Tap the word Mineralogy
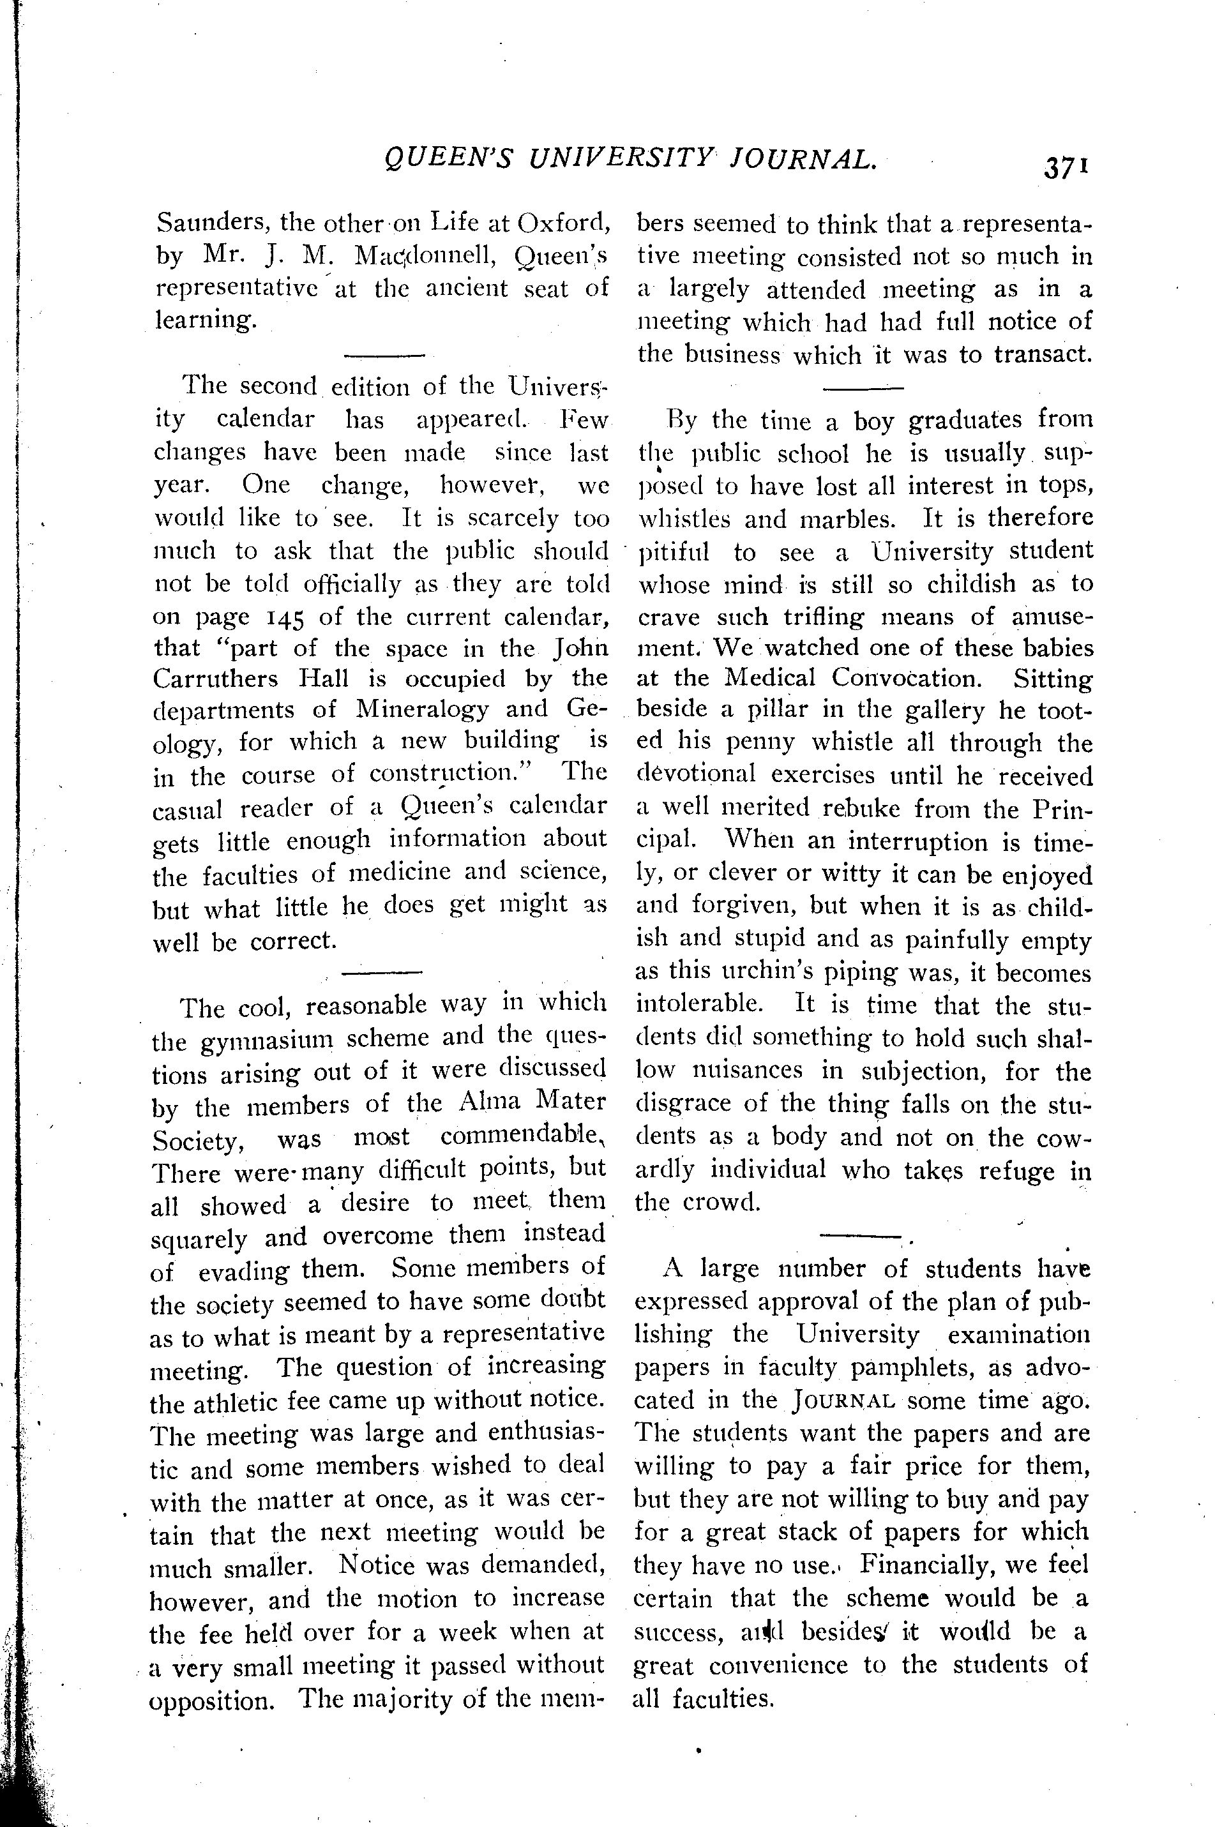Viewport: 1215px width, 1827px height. (x=422, y=709)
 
